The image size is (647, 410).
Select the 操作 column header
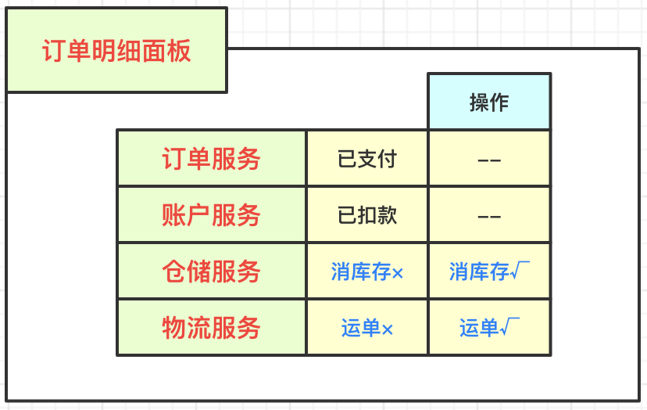(489, 102)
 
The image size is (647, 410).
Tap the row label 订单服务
(211, 158)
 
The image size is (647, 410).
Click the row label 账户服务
(211, 215)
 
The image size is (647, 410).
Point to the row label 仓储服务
(211, 272)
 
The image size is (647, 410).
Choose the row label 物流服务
(211, 328)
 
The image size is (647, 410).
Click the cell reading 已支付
(367, 159)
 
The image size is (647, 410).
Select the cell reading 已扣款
(367, 215)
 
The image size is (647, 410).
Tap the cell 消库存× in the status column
(366, 272)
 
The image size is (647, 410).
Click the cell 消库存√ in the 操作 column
(489, 272)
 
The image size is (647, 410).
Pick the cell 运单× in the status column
(366, 328)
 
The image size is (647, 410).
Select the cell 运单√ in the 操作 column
(489, 328)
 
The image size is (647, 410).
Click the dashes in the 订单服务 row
(489, 160)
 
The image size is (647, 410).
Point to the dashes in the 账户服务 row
(489, 217)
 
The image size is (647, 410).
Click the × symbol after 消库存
(398, 273)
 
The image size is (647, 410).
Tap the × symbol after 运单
(387, 330)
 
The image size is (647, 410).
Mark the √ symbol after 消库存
(520, 271)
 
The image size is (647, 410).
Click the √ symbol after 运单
(509, 327)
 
